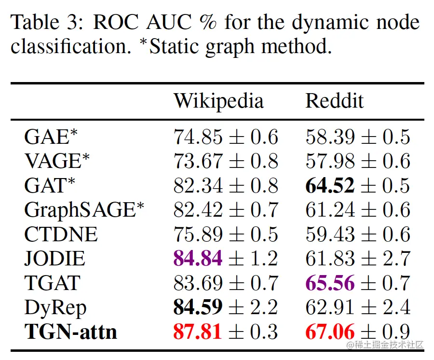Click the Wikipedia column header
[x=218, y=101]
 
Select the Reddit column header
[x=334, y=101]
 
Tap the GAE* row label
[x=51, y=137]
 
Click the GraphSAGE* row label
[x=84, y=210]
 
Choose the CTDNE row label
[x=61, y=235]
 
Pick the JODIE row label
[x=54, y=259]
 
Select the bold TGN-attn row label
[x=70, y=332]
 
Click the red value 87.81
[x=198, y=332]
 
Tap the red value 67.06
[x=330, y=332]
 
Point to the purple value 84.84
[x=198, y=259]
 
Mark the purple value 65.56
[x=330, y=283]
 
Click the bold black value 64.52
[x=330, y=186]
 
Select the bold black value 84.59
[x=198, y=307]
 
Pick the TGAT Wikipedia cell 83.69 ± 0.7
[x=226, y=283]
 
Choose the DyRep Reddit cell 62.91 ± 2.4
[x=357, y=307]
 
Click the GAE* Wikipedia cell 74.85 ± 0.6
[x=226, y=137]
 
